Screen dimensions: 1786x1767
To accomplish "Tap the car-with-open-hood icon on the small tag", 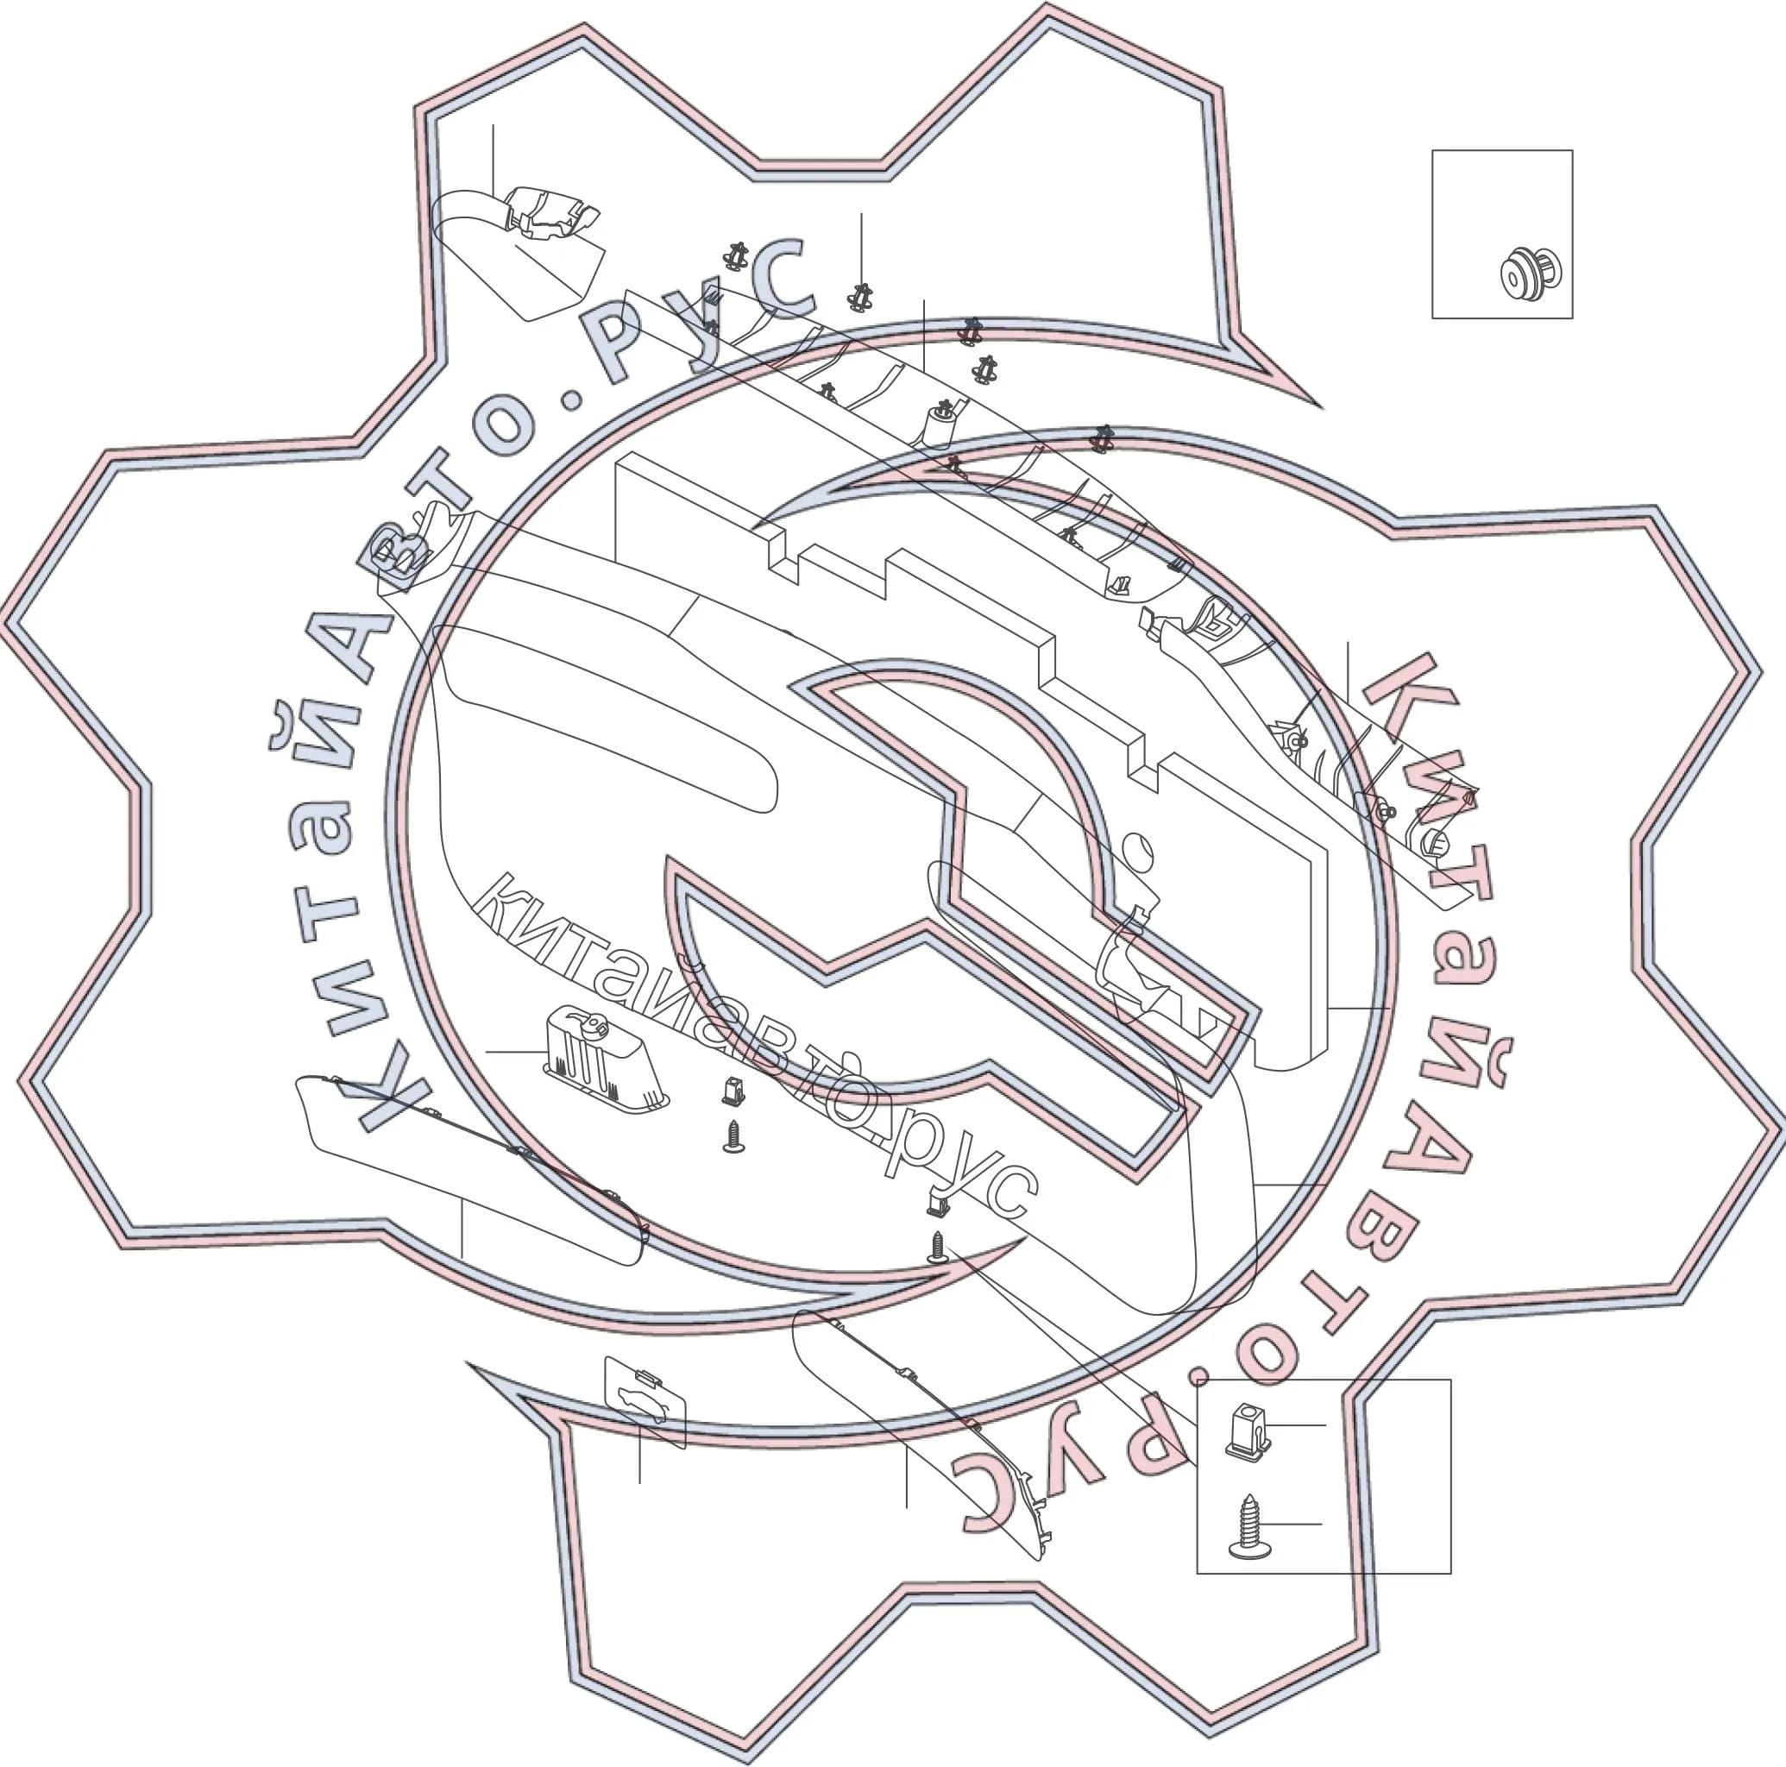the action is (x=644, y=1405).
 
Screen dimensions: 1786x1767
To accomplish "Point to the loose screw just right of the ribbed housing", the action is (x=734, y=1137).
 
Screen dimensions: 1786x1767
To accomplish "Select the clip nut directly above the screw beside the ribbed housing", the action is (x=733, y=1092).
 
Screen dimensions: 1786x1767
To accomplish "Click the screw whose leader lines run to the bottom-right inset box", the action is (x=937, y=1248).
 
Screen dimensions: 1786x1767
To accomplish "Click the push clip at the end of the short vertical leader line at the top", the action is (x=861, y=297).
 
